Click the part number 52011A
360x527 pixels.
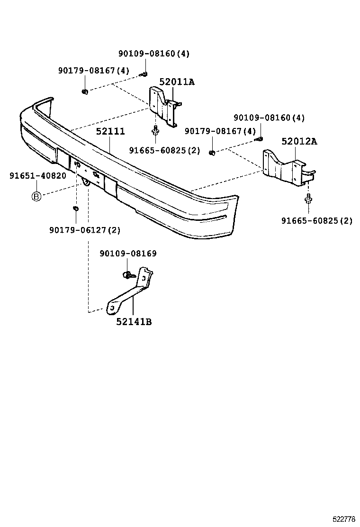point(177,82)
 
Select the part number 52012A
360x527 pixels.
point(299,141)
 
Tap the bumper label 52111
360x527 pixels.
point(110,132)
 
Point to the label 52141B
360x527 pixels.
point(134,322)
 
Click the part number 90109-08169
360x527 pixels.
point(128,254)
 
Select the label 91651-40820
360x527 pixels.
point(37,176)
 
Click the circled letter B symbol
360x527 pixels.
point(36,196)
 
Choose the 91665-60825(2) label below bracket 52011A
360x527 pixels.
point(164,150)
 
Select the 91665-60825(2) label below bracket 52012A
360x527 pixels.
point(316,220)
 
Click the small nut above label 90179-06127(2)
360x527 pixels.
point(75,208)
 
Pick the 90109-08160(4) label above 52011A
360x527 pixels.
point(153,54)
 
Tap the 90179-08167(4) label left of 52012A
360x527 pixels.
point(220,131)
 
